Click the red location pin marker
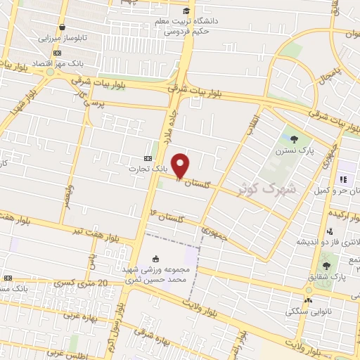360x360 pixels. click(x=181, y=165)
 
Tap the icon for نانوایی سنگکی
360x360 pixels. click(x=289, y=310)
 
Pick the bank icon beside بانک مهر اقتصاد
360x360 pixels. click(x=56, y=52)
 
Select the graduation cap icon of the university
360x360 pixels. click(x=186, y=11)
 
